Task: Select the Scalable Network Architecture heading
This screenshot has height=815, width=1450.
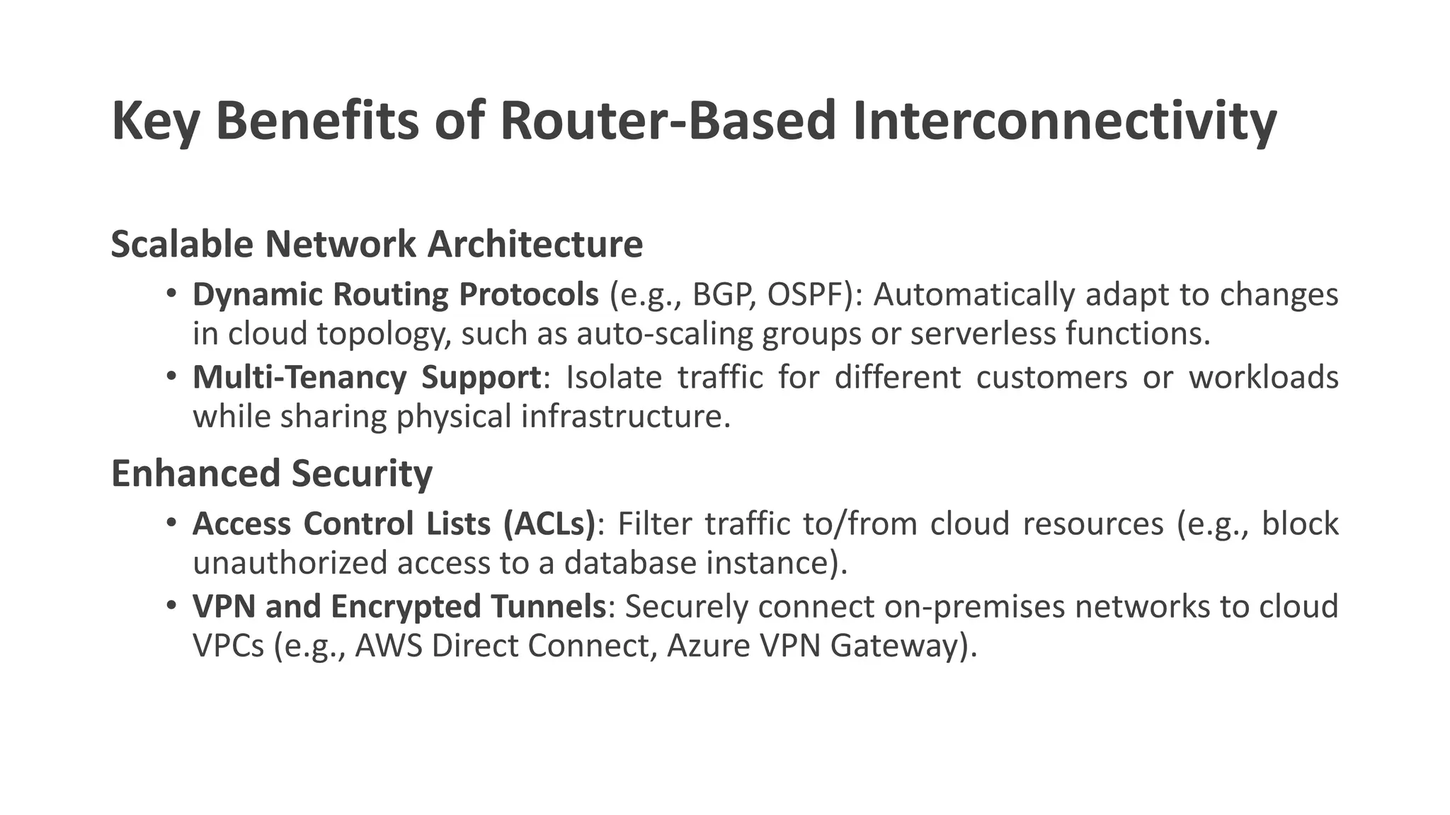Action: [377, 244]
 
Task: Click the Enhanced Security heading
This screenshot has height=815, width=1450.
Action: [271, 473]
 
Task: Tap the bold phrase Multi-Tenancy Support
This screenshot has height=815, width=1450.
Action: [367, 377]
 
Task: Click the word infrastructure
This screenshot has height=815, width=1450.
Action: [625, 417]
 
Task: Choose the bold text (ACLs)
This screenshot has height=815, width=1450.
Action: [549, 524]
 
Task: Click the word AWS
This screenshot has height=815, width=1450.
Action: [388, 646]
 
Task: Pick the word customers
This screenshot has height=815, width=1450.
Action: [1051, 377]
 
